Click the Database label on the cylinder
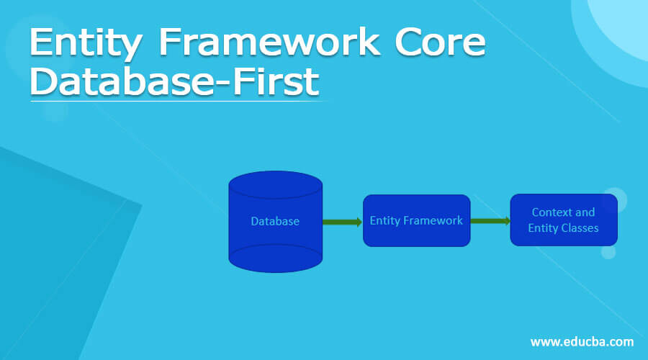tap(275, 221)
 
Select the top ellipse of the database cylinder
tap(275, 184)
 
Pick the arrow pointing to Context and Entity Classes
tap(490, 220)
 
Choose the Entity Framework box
tap(416, 220)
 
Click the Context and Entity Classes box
tap(563, 220)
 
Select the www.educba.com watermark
tap(582, 341)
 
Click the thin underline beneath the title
tap(180, 102)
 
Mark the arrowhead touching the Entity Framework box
tap(359, 222)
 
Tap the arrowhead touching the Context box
tap(507, 220)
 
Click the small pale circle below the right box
tap(608, 252)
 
